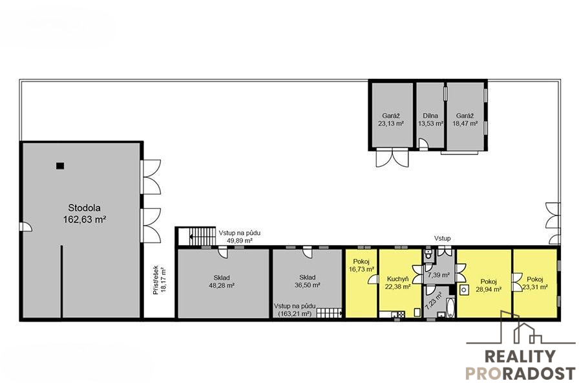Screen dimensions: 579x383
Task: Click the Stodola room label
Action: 84,208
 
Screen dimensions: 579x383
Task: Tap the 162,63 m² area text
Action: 85,219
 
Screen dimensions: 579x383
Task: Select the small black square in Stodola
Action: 60,166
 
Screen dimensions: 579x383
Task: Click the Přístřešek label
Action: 156,280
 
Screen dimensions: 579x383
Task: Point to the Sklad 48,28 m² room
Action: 224,283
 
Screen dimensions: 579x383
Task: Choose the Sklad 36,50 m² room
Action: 307,281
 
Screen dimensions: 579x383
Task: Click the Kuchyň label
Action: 397,279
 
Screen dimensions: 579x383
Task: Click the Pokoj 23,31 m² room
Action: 534,283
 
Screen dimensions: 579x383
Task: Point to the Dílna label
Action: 430,116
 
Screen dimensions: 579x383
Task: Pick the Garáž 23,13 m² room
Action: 392,115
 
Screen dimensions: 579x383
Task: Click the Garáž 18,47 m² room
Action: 465,116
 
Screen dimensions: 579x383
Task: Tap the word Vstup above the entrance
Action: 442,239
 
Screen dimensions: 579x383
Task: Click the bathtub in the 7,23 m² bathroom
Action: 450,307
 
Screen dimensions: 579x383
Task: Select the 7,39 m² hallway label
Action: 438,275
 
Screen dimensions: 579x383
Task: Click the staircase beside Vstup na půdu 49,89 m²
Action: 202,236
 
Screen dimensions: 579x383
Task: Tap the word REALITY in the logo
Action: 520,356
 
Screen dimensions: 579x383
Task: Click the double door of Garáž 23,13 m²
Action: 393,157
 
